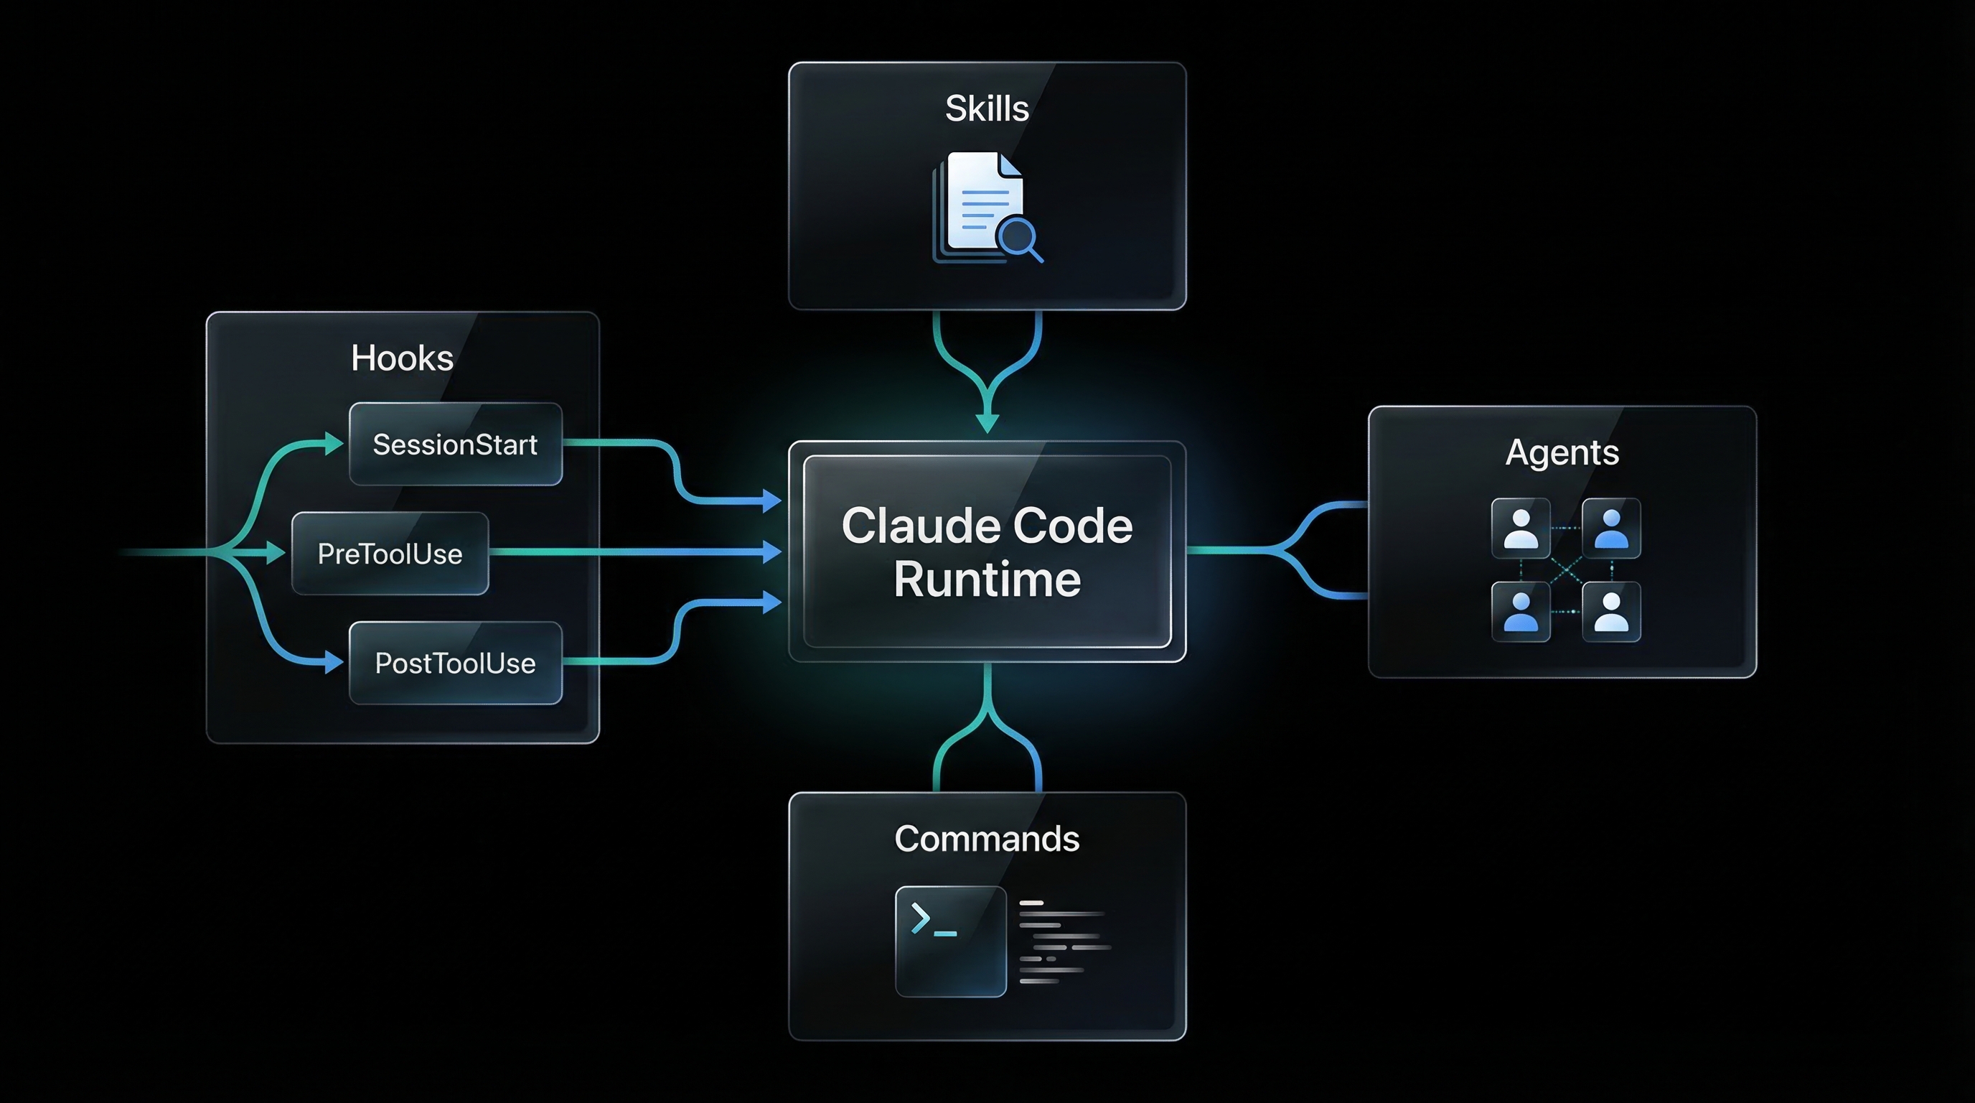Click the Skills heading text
point(987,108)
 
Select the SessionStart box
point(456,444)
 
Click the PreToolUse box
point(390,553)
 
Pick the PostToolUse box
point(456,663)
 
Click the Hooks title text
point(402,358)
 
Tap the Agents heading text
point(1562,452)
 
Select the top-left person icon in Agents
point(1520,529)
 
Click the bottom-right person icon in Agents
point(1611,611)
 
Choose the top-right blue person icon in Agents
point(1611,529)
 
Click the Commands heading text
point(987,838)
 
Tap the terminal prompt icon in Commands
point(950,941)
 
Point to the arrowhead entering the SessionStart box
point(334,443)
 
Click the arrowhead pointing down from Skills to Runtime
point(987,423)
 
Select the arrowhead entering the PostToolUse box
point(334,661)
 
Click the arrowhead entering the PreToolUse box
point(276,552)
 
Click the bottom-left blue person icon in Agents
point(1520,611)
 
